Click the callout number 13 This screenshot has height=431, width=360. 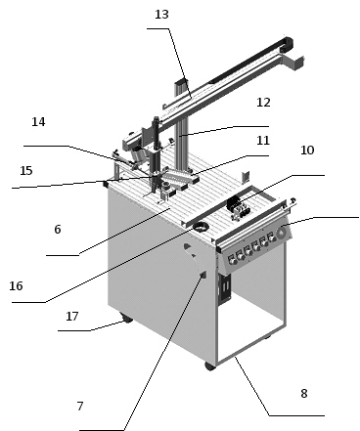coord(161,15)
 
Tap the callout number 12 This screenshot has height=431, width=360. coord(263,103)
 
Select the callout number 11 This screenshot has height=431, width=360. coord(263,141)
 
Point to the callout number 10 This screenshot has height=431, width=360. coord(307,151)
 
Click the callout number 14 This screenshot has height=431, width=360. coord(38,122)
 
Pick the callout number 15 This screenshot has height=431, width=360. coord(26,171)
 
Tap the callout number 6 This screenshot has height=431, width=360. coord(58,230)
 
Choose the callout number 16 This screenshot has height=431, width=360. coord(16,286)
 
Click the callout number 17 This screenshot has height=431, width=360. coord(72,317)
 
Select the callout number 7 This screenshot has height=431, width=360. coord(80,407)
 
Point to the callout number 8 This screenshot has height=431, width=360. coord(304,394)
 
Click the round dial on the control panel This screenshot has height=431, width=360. coord(281,233)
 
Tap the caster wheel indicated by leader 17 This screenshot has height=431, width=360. coord(126,319)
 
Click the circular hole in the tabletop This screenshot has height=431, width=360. coord(201,226)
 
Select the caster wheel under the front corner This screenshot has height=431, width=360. coord(210,366)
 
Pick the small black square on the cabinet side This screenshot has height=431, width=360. coord(203,275)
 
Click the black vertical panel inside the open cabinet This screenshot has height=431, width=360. coord(225,287)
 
